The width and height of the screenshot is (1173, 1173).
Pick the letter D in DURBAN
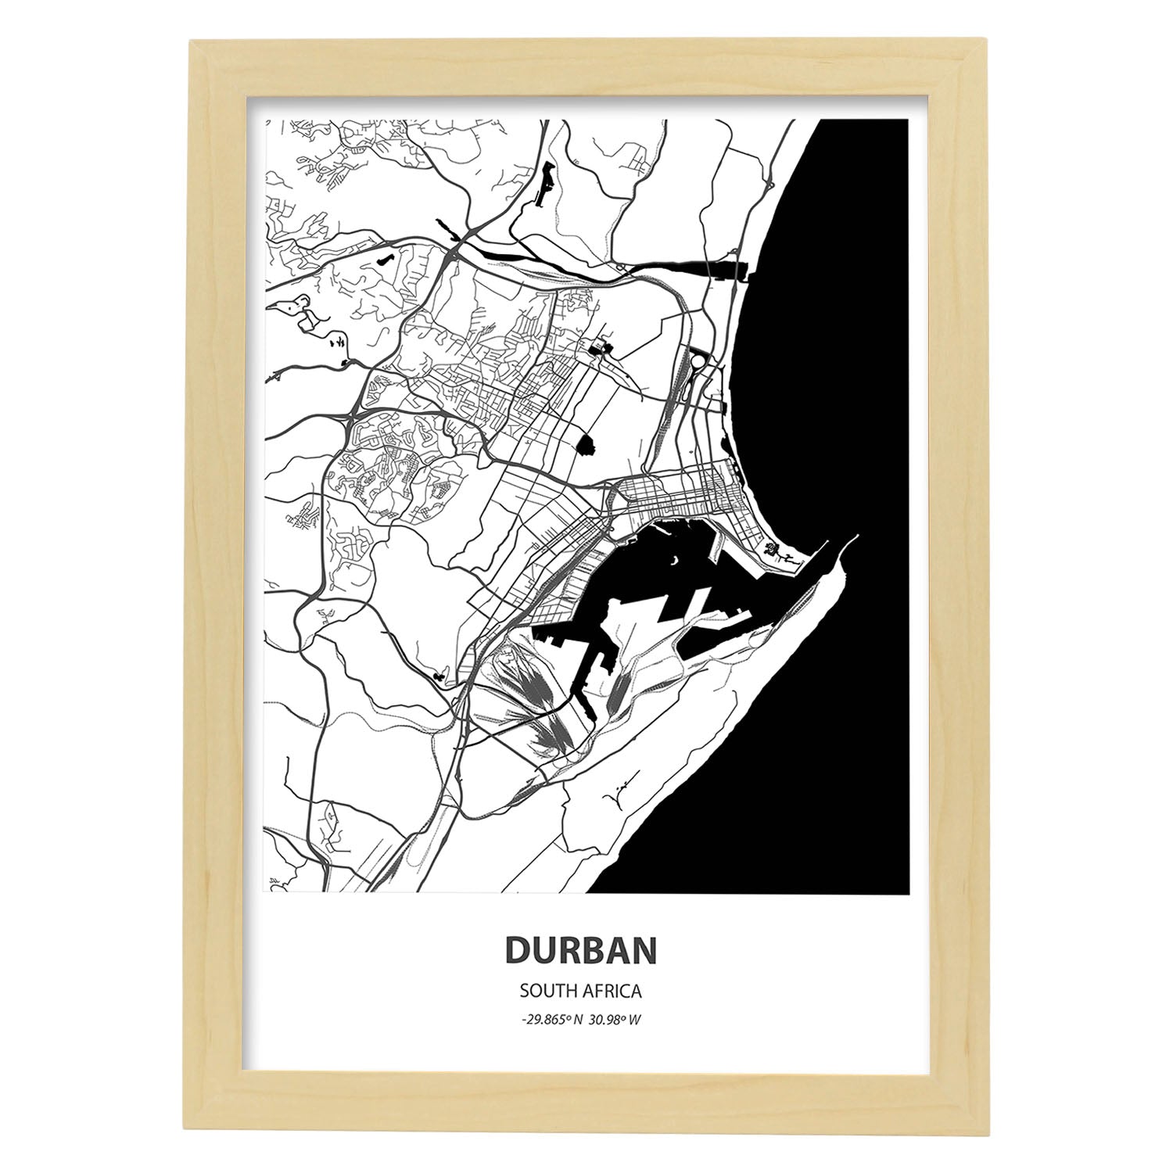[517, 950]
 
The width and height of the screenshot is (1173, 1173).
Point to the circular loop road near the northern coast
[696, 367]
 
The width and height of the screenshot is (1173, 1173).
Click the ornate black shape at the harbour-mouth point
[776, 552]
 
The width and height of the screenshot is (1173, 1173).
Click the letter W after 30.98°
[637, 1020]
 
